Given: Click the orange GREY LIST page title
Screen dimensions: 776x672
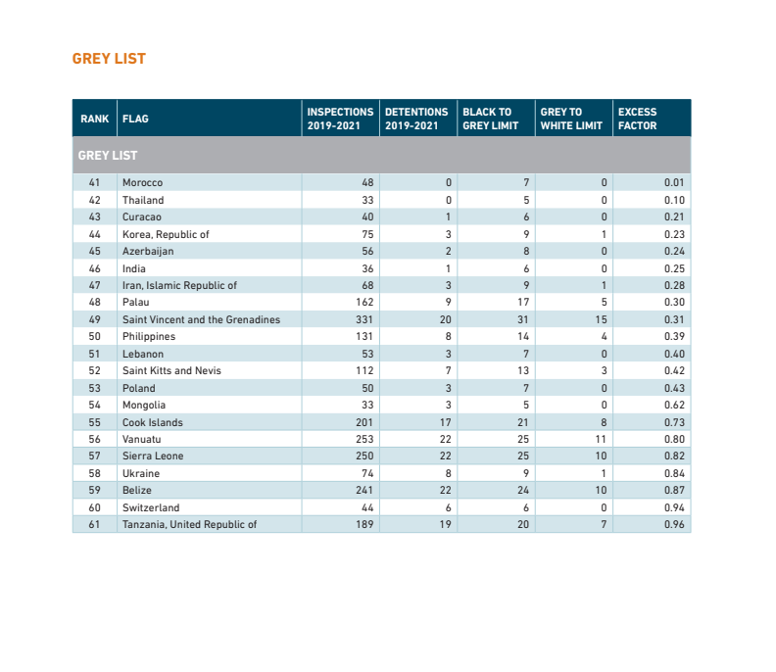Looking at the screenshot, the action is [109, 59].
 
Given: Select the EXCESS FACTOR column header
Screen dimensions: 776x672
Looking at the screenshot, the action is [638, 119].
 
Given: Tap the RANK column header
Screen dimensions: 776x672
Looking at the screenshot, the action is [94, 119].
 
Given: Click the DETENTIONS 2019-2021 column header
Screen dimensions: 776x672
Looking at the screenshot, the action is [416, 119].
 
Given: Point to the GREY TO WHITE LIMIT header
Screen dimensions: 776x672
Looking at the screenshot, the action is [571, 119].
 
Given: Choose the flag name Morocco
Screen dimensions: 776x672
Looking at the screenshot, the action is [142, 182].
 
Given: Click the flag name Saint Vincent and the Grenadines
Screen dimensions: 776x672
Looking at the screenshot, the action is [202, 319].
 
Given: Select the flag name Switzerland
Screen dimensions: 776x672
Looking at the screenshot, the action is [151, 507].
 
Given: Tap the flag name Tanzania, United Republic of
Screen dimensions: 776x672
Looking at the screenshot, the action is [189, 524].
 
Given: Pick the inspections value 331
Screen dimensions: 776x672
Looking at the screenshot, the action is [364, 319].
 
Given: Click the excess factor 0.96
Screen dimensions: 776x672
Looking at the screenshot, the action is [674, 524].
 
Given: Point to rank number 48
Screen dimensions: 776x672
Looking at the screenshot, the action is [94, 303].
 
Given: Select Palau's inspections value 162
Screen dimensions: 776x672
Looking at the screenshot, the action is [364, 303].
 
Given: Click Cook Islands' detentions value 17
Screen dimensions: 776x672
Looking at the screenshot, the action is [446, 422].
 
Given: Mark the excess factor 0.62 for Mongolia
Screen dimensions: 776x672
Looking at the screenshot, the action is [674, 406].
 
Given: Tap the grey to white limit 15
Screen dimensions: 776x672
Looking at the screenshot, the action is [601, 319].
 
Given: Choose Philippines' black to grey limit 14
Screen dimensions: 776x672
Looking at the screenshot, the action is [523, 337].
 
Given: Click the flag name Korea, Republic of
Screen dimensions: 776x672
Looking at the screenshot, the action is [166, 234].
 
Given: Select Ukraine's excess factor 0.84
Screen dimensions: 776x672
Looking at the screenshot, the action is [674, 473].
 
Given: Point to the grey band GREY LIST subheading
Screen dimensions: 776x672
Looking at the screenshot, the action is [108, 156].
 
